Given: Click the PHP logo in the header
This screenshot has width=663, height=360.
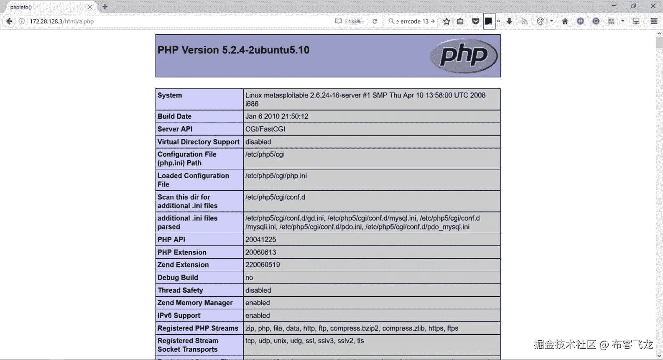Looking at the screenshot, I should [x=463, y=56].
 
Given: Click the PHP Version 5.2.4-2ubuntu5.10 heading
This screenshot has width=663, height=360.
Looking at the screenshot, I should [x=233, y=50].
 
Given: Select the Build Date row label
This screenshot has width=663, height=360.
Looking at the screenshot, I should [x=174, y=116].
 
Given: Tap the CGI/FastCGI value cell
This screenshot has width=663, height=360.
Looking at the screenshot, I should [x=265, y=129].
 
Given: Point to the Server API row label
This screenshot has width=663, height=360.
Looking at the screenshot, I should [x=175, y=129].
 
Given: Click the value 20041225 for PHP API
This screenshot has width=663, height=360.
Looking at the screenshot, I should [x=260, y=240].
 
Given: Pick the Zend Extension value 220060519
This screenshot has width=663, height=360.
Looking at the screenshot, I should [x=263, y=265].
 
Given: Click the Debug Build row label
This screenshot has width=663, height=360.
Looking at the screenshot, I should [x=178, y=278].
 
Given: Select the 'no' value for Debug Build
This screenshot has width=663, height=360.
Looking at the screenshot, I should [x=249, y=278].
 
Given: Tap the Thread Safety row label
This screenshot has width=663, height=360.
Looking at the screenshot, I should [x=180, y=290].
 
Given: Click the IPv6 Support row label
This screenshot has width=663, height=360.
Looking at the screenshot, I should [x=178, y=316].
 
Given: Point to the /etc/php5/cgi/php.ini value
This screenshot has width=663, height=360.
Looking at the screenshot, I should [x=276, y=176].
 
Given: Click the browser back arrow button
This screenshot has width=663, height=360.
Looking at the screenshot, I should [x=9, y=21].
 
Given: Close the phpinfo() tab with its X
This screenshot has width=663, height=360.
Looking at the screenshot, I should [x=90, y=7].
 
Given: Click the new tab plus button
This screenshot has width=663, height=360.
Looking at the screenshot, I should [x=105, y=7].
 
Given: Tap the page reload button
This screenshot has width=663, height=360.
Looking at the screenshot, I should [x=375, y=21].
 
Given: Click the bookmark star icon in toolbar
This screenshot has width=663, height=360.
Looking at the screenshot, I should [x=446, y=21].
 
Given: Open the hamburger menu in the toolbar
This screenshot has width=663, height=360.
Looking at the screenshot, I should [x=654, y=21].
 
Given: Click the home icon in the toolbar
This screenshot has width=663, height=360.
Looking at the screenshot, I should [x=565, y=21].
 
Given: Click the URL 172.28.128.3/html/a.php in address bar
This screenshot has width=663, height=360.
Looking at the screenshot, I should [x=61, y=21].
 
